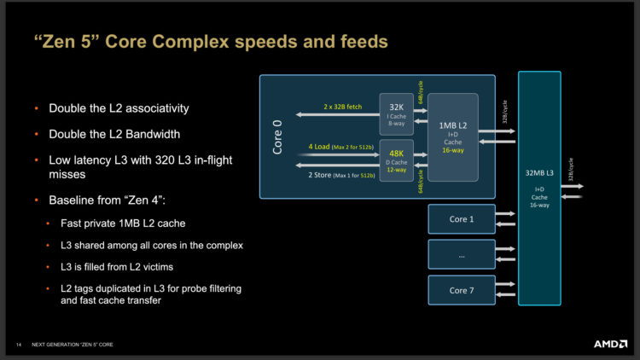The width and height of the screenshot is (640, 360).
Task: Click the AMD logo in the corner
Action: pos(610,344)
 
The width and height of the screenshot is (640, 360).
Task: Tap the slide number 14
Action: pos(17,344)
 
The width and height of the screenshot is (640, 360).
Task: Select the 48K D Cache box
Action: pos(396,160)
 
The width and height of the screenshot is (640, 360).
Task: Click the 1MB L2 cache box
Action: pos(452,136)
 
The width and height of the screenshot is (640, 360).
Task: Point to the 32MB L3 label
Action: pos(539,172)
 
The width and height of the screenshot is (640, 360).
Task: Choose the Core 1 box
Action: pos(461,219)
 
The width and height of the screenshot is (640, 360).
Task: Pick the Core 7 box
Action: pos(461,290)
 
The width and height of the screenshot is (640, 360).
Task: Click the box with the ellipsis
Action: pos(461,254)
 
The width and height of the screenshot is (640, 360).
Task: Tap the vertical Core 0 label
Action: pos(277,136)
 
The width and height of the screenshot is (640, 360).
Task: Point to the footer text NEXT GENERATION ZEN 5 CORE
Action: pos(73,344)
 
